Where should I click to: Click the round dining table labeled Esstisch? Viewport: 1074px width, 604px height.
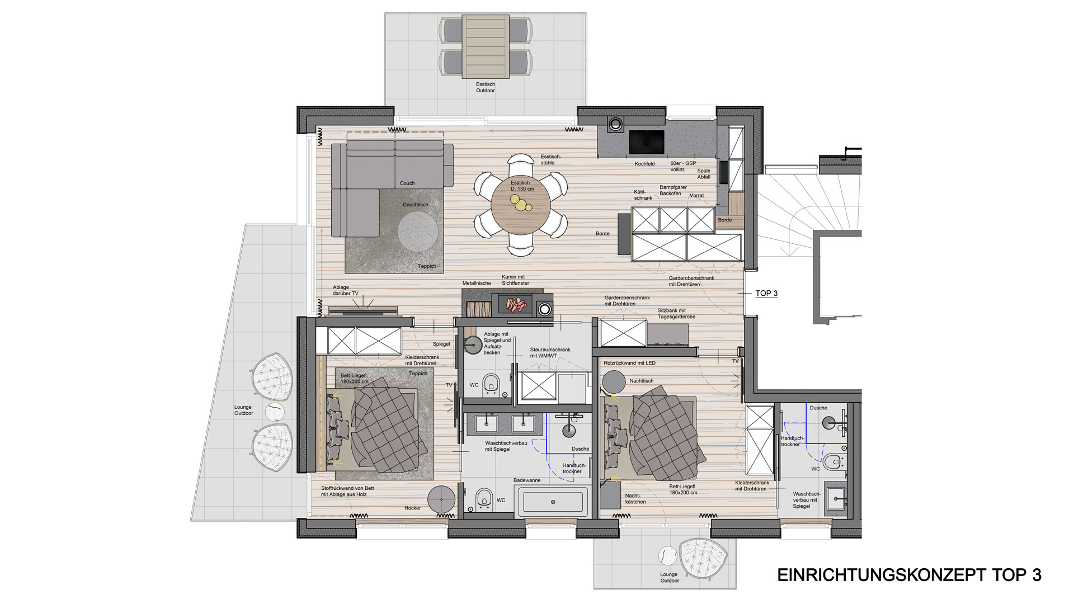click(521, 205)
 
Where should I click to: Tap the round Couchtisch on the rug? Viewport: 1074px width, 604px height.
click(418, 233)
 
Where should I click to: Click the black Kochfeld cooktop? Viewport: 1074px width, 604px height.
click(647, 142)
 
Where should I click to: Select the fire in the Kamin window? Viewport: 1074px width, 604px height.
click(516, 305)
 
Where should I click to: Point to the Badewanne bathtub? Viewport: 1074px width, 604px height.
click(553, 502)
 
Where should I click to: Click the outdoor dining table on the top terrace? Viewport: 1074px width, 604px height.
click(486, 46)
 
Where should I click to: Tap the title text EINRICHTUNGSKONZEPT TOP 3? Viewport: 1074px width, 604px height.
click(910, 575)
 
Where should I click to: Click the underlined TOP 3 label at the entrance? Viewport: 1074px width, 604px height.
click(766, 294)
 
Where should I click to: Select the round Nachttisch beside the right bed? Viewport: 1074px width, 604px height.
click(614, 381)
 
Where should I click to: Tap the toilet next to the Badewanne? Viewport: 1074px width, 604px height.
click(484, 498)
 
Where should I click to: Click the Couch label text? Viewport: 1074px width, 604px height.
click(407, 183)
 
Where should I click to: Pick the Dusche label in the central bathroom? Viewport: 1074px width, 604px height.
click(580, 449)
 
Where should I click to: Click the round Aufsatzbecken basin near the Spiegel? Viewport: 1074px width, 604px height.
click(473, 345)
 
